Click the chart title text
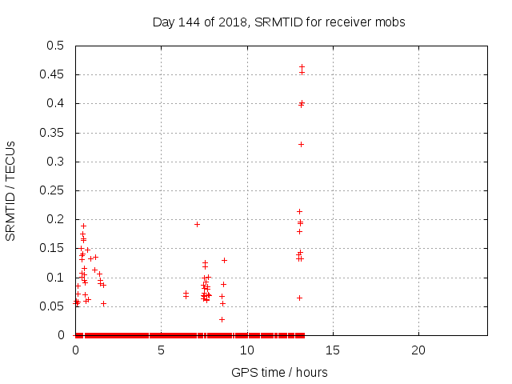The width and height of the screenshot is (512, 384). point(278,22)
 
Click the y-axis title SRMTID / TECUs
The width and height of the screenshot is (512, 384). point(10,190)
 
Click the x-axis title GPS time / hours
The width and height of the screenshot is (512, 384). point(279,372)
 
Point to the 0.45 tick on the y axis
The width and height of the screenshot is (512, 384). point(54,75)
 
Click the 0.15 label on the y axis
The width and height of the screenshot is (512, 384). point(54,249)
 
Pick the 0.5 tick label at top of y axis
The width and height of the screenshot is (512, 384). point(57,46)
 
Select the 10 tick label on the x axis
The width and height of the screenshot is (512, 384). point(247,350)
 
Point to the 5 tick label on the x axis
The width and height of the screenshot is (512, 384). point(162,350)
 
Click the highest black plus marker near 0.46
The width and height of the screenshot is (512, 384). point(302,67)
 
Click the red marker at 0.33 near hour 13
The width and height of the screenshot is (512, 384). point(301,144)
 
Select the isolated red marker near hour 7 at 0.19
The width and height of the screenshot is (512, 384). point(197,224)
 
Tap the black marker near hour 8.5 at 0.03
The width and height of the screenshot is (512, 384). point(222,319)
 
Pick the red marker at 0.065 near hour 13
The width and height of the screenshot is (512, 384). point(299,298)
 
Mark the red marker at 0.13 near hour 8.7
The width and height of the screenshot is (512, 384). point(224,260)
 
